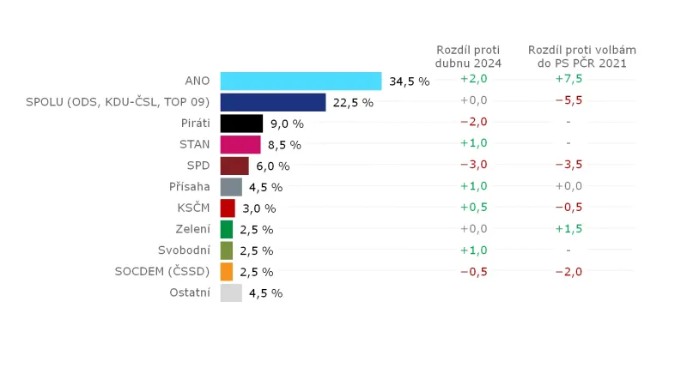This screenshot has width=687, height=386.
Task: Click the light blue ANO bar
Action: [x=301, y=81]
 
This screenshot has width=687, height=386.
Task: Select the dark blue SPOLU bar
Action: [x=273, y=102]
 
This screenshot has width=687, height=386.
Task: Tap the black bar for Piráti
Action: [x=241, y=124]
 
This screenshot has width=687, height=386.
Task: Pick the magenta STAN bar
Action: [x=240, y=144]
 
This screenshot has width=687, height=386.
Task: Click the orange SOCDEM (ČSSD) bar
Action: [x=227, y=272]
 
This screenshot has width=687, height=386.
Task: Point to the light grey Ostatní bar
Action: [x=231, y=293]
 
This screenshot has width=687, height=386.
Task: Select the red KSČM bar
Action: [x=228, y=208]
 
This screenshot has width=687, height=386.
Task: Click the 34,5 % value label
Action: [x=409, y=81]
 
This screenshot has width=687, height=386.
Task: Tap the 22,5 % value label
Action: [x=353, y=103]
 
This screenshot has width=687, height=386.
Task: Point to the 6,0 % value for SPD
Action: [x=272, y=166]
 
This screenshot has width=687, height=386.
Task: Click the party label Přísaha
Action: [x=190, y=186]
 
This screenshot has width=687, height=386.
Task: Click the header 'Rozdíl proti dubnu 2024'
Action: [x=468, y=57]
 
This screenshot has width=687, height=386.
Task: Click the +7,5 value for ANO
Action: [x=568, y=79]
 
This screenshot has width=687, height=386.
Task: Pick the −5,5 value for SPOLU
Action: [x=568, y=100]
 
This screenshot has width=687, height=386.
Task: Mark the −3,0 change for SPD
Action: [x=474, y=165]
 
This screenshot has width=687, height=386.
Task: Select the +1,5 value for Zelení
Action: [x=568, y=229]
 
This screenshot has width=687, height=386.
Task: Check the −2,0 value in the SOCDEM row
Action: [x=568, y=272]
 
